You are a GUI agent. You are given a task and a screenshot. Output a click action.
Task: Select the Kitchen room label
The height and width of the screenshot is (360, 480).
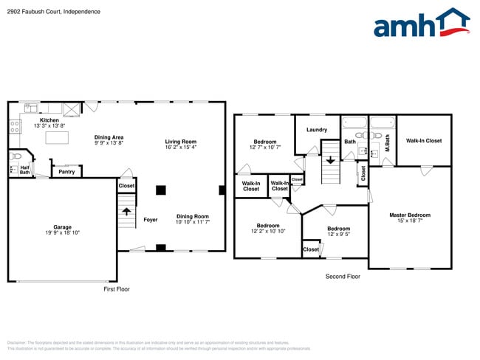(x=49, y=120)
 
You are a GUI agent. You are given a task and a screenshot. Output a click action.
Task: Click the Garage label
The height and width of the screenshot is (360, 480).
(x=62, y=226)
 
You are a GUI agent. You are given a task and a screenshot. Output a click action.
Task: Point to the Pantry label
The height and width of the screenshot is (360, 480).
(x=66, y=171)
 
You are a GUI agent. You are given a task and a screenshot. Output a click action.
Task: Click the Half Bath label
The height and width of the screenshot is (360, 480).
(x=25, y=170)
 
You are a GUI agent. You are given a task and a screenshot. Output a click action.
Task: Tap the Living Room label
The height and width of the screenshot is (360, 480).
(x=181, y=142)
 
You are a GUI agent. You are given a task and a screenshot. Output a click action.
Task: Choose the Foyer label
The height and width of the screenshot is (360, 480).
(x=150, y=219)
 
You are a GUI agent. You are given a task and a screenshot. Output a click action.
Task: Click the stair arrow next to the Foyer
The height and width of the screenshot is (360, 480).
(x=126, y=212)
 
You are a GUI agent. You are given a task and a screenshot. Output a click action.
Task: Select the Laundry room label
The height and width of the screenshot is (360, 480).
(x=317, y=130)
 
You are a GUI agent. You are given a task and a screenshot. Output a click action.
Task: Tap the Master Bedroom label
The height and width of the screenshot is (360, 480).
(x=410, y=215)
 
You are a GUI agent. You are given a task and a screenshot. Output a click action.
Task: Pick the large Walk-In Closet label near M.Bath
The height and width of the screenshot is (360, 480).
(x=424, y=140)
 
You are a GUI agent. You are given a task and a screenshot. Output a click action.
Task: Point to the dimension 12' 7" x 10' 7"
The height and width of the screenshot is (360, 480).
(x=265, y=147)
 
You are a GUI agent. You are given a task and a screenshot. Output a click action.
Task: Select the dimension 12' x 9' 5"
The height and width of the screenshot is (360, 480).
(x=338, y=234)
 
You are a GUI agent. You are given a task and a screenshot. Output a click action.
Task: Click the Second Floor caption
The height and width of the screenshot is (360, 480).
(x=343, y=276)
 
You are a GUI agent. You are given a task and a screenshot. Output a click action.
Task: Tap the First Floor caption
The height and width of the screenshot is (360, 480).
(x=116, y=289)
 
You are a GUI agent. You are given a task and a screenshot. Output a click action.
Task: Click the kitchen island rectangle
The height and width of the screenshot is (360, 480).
(x=57, y=137)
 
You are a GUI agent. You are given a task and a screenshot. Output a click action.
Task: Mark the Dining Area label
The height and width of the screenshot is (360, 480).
(x=109, y=136)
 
